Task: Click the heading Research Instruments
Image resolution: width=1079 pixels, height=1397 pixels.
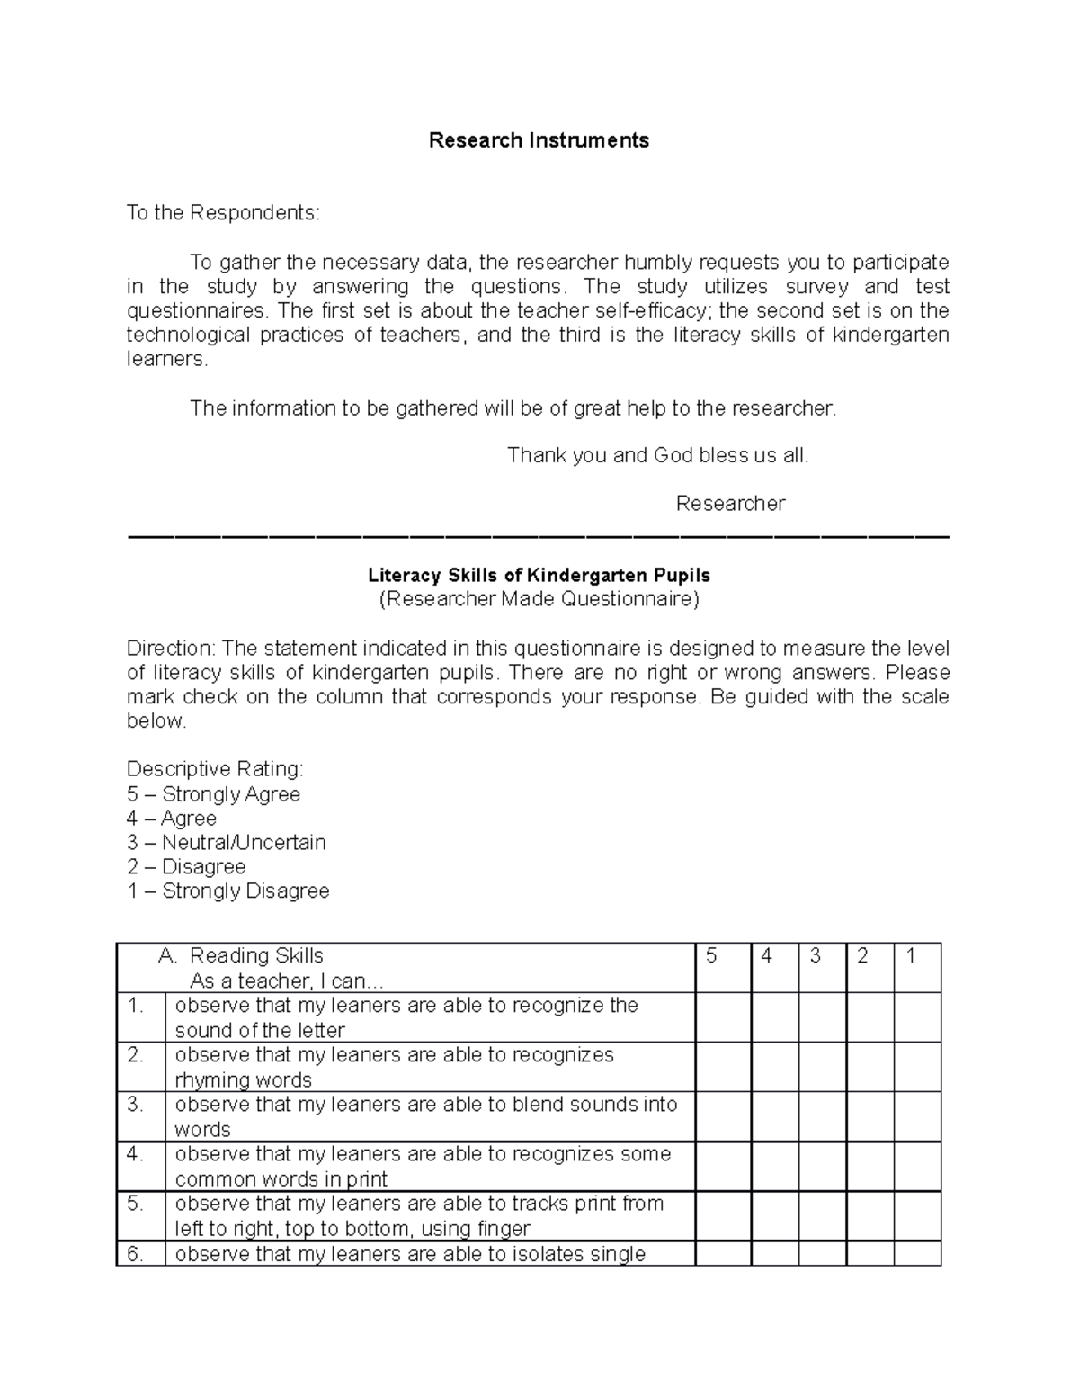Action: (539, 140)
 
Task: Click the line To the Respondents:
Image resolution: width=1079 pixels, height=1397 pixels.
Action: (222, 213)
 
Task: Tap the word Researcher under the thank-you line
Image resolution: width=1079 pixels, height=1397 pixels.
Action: (730, 504)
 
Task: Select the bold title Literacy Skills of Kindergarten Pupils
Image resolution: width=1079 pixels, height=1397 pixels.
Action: (539, 575)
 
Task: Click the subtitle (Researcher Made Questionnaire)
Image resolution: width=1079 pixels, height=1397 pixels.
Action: (539, 599)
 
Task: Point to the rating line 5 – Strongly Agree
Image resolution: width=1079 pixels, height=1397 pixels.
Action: (213, 794)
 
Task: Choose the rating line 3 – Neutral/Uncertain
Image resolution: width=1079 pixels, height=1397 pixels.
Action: (226, 843)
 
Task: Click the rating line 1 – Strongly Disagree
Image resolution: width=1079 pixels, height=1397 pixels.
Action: (227, 891)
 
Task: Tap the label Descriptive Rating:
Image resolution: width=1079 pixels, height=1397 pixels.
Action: (215, 769)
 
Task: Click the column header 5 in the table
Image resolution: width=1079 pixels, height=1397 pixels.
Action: (711, 956)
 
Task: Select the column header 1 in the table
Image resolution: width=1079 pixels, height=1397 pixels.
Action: (910, 956)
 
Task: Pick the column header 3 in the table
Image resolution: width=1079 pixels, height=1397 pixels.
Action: (815, 956)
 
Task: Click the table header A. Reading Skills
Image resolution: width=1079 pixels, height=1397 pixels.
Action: (240, 956)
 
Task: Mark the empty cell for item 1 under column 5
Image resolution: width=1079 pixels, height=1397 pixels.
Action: (723, 1017)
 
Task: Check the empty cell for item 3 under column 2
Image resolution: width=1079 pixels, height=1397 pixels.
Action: (869, 1116)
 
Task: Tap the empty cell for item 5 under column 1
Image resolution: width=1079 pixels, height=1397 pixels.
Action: (916, 1215)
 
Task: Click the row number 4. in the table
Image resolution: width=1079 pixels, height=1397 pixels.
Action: (136, 1154)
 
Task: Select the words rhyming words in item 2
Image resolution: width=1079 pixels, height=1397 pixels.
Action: (243, 1079)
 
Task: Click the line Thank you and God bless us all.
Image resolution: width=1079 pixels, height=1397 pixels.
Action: (657, 455)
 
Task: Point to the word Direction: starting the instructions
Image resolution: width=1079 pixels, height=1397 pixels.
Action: (171, 649)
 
